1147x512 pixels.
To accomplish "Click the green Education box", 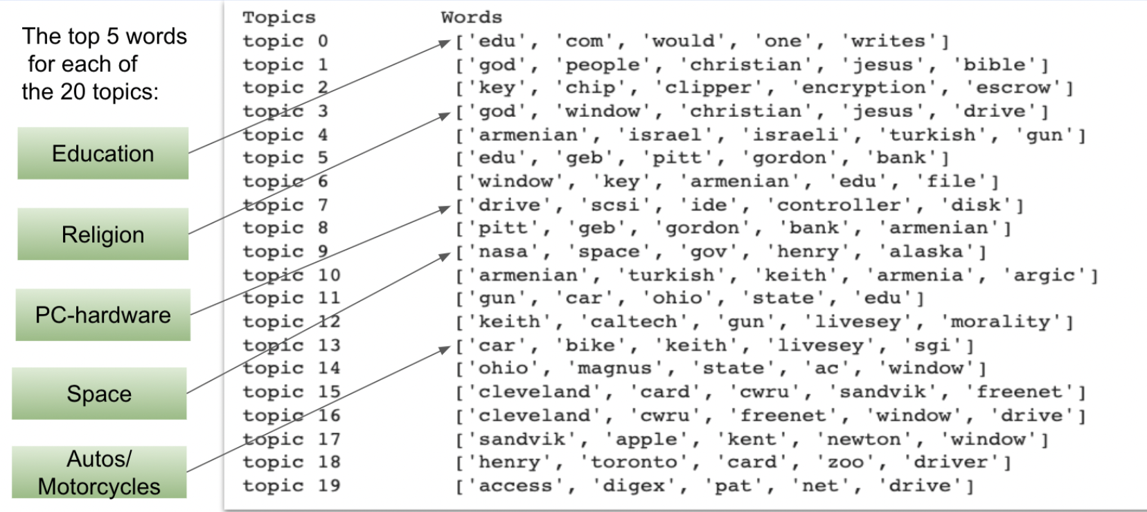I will tap(103, 154).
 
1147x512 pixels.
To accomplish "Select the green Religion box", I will tap(103, 235).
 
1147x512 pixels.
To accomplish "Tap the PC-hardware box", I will tap(103, 315).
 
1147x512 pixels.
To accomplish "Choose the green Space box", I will tap(99, 394).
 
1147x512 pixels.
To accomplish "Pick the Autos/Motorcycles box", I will tap(99, 473).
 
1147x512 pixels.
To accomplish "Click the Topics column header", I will tap(278, 17).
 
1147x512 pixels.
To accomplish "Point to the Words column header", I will tap(471, 17).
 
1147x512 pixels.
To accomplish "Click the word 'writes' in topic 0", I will tap(888, 42).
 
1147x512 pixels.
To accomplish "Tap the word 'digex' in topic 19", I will tap(633, 486).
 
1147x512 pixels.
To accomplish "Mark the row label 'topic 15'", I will tap(291, 392).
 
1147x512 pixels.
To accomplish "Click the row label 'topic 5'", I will tap(285, 158).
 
